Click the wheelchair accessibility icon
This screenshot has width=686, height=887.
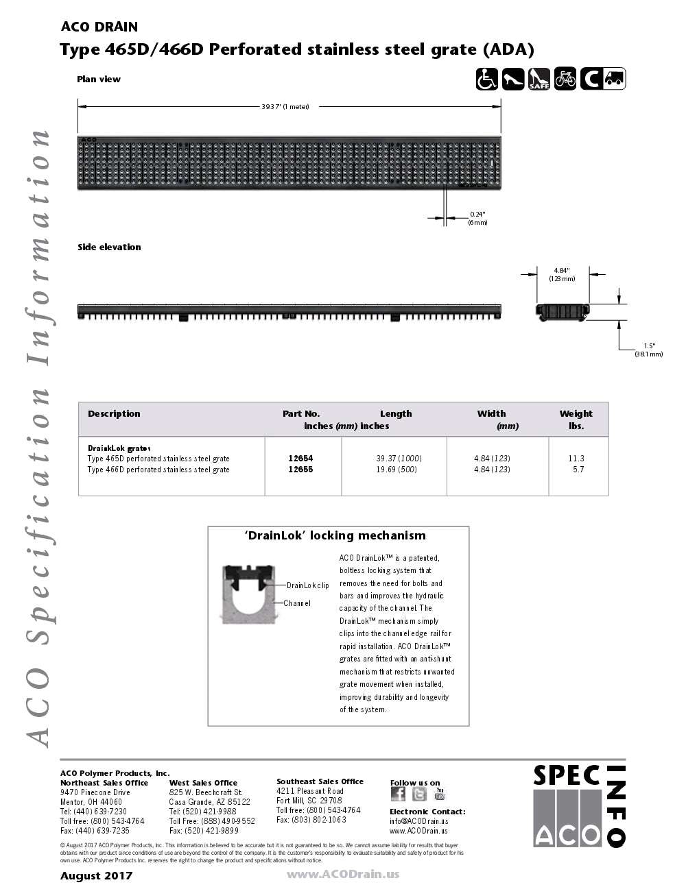tap(487, 79)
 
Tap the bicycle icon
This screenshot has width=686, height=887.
tap(565, 79)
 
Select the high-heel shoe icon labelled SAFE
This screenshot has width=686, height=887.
tap(539, 79)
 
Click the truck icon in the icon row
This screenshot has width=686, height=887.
tap(615, 79)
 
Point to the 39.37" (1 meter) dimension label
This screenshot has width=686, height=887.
tap(285, 106)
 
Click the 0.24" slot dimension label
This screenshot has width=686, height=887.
tap(477, 219)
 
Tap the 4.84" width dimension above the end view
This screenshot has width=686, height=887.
tap(562, 274)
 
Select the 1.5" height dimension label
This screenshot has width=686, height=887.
tap(649, 350)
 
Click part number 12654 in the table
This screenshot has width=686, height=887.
tap(300, 458)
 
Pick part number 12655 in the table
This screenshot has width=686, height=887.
tap(300, 470)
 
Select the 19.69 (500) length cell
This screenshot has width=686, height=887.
tap(397, 470)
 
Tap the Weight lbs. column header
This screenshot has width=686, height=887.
tap(576, 420)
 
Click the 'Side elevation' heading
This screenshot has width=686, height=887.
tap(109, 247)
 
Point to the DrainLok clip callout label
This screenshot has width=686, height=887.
tap(307, 585)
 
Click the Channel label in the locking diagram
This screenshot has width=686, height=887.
tap(297, 603)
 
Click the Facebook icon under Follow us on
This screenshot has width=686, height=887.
tap(398, 794)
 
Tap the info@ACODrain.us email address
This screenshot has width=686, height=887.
tap(418, 821)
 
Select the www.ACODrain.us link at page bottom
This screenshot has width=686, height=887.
tap(343, 874)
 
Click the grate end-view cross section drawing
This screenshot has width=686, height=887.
tap(562, 311)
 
